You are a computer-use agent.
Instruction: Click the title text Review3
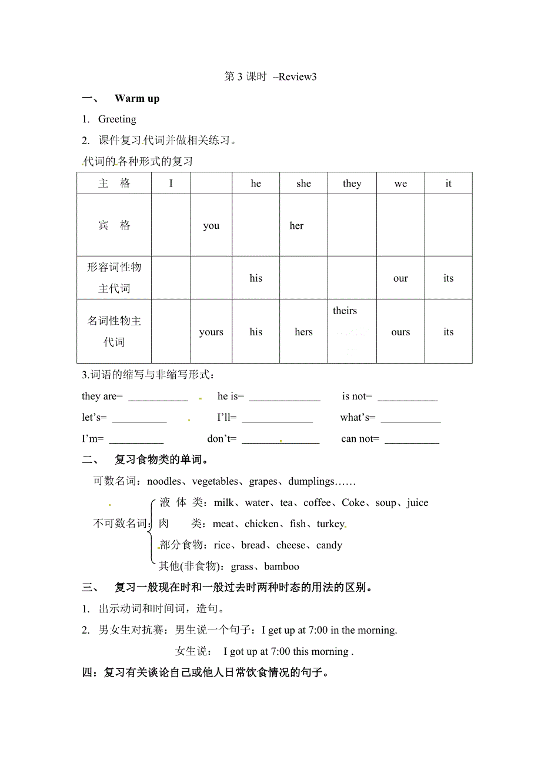pos(297,76)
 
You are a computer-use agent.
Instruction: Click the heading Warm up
pos(137,98)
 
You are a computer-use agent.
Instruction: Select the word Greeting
pos(117,119)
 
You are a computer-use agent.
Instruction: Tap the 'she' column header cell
pos(303,184)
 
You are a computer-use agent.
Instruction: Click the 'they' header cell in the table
pos(352,184)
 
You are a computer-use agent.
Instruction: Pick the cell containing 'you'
pos(211,226)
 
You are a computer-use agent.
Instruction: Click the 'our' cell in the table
pos(400,278)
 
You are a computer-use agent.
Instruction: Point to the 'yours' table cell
pos(211,332)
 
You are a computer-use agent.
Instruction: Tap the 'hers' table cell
pos(303,332)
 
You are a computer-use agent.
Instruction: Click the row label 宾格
pos(114,226)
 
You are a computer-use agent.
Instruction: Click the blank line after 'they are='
pos(158,398)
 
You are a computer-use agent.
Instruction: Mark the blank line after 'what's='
pos(410,419)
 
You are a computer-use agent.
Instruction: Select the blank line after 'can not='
pos(412,440)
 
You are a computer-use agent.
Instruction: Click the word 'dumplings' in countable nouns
pos(311,482)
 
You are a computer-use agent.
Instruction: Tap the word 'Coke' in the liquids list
pos(353,503)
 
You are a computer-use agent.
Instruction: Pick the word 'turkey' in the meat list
pos(330,524)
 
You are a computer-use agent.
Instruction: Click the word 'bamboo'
pos(282,567)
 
